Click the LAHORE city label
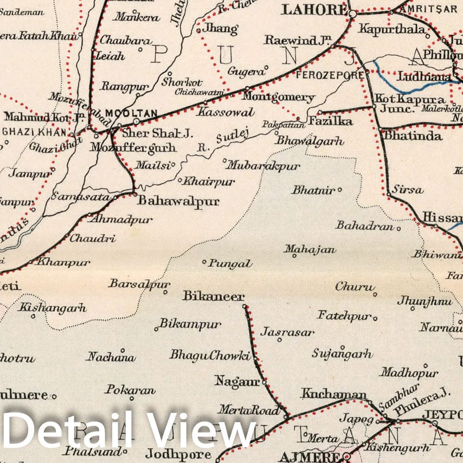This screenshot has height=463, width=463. [x=314, y=9]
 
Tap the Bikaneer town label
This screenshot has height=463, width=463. [x=213, y=297]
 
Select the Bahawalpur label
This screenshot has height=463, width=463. [x=178, y=201]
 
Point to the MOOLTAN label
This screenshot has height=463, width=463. [x=131, y=113]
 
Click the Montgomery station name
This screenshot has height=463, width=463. [x=278, y=98]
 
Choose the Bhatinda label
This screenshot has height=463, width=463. [x=413, y=136]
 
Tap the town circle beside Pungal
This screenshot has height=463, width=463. [x=204, y=262]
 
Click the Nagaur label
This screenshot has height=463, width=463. [x=237, y=381]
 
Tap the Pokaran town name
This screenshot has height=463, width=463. [x=130, y=390]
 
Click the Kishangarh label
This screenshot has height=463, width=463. [x=53, y=308]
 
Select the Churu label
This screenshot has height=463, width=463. [x=355, y=287]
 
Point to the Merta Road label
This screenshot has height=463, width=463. [x=249, y=410]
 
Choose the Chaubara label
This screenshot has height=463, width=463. [x=118, y=41]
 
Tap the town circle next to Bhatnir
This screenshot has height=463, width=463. [x=340, y=190]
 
